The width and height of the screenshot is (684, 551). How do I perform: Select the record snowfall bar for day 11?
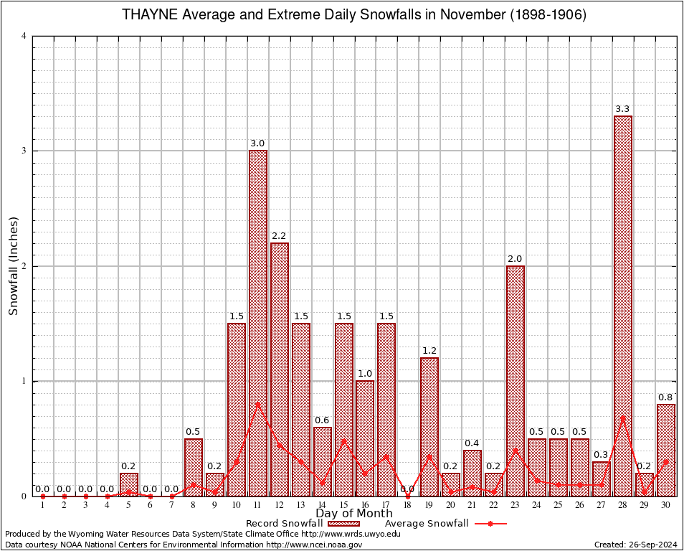tap(258, 323)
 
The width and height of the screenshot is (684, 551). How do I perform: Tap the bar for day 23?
tap(515, 380)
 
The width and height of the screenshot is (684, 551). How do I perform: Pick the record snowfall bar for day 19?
tap(429, 427)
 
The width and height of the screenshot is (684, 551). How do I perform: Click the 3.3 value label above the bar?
tap(622, 109)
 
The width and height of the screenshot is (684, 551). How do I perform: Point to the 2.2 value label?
tap(280, 236)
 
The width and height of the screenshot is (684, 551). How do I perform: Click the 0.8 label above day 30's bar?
tap(665, 397)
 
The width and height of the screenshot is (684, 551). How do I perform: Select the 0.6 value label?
tap(323, 420)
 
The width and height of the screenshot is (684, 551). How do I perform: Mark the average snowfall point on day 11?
tap(258, 404)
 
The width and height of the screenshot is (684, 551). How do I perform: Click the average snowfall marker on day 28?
tap(622, 418)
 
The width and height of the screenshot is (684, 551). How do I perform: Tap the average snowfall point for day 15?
tap(343, 441)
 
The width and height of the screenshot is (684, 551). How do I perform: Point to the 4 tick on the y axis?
tap(24, 36)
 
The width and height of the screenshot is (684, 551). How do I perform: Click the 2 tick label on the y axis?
tap(24, 266)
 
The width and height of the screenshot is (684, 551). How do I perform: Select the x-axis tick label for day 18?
tap(408, 505)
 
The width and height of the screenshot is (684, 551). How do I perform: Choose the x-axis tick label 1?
tap(43, 505)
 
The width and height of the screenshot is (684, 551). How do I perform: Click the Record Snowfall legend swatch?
tap(343, 524)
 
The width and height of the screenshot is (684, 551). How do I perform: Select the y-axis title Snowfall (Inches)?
tap(13, 265)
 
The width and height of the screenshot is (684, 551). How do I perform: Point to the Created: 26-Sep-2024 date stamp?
tap(635, 545)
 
